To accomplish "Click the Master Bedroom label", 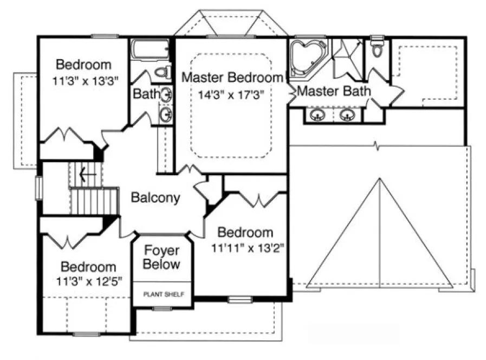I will (232, 78).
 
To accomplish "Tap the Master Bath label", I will (334, 91).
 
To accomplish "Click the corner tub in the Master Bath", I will (306, 56).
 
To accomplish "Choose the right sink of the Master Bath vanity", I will (347, 115).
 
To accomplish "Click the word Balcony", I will (155, 198).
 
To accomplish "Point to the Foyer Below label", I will (162, 258).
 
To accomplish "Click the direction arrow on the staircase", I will (82, 175).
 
